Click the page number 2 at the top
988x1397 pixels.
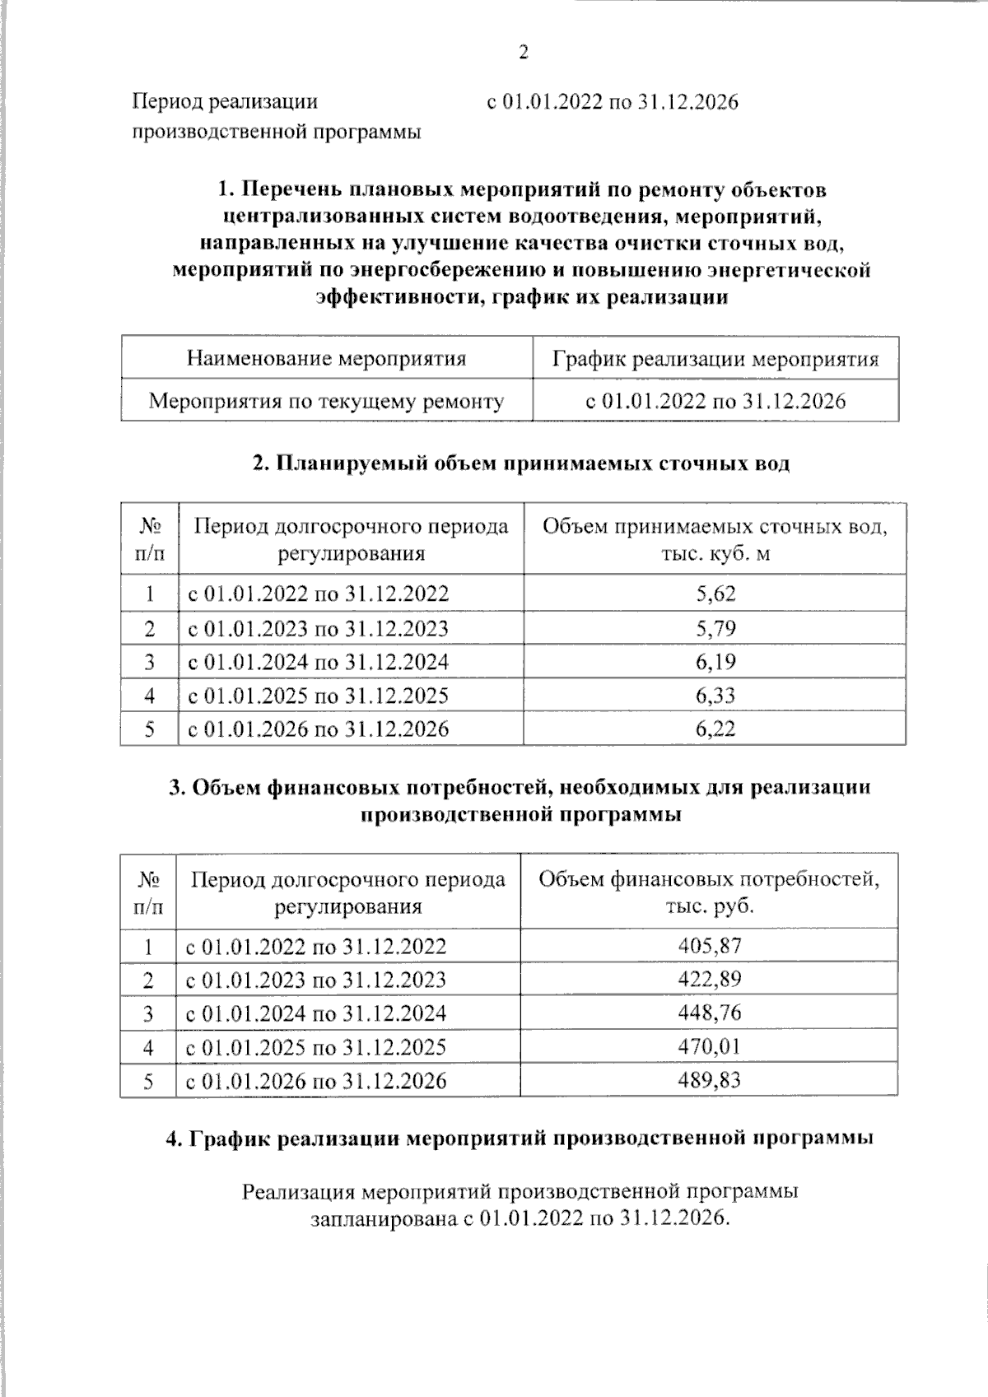[523, 54]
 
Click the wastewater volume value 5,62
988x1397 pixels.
[715, 594]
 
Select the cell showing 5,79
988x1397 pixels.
[715, 628]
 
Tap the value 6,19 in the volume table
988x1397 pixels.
[715, 662]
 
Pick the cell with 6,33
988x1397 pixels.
[715, 696]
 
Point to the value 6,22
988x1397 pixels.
[715, 729]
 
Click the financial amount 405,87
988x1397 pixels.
[710, 946]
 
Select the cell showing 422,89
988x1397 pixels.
[710, 980]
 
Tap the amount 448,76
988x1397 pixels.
[710, 1013]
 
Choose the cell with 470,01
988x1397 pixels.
[710, 1046]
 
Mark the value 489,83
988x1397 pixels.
[710, 1080]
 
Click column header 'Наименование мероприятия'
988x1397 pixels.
[326, 359]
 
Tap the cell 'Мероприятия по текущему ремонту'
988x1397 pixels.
[326, 402]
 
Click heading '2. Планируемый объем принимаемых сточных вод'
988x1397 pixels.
[520, 463]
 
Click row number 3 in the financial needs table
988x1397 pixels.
[148, 1013]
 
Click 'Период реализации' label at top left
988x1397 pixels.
[225, 102]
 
